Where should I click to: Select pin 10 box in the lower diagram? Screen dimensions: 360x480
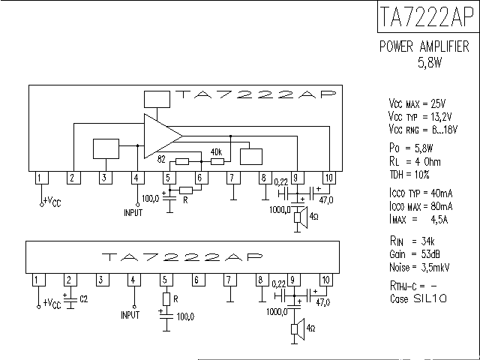(325, 280)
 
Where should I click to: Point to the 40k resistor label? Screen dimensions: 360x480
(217, 151)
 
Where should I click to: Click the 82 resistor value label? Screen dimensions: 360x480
(161, 159)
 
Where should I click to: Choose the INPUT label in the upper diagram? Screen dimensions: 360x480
(133, 212)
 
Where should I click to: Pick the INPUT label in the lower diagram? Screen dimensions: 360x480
(130, 315)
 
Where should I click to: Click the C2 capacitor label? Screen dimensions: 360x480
(83, 300)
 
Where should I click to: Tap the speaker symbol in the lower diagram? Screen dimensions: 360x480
(299, 329)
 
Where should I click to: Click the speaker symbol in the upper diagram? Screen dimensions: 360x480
(298, 217)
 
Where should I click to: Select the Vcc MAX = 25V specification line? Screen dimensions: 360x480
(417, 103)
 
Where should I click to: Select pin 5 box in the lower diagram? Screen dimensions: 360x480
(163, 280)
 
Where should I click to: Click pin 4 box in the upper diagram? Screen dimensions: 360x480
(136, 178)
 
